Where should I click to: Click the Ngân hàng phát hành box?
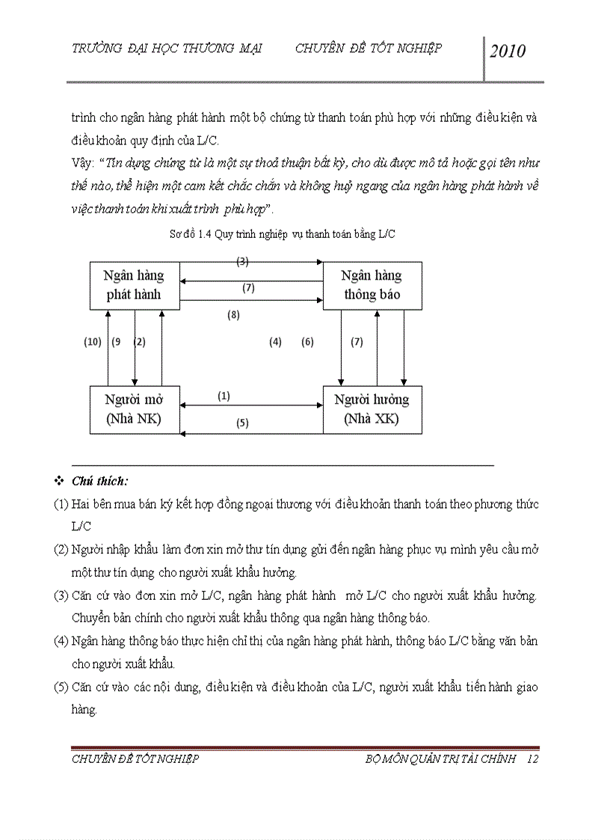(x=134, y=285)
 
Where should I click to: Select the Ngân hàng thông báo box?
(x=372, y=285)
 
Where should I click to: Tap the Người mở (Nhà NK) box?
(x=135, y=409)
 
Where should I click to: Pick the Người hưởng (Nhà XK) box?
(x=372, y=409)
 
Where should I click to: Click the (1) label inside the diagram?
(x=224, y=396)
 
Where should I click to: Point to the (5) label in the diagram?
(x=242, y=423)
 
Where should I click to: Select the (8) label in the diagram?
(x=233, y=315)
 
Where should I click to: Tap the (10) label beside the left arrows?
(x=92, y=342)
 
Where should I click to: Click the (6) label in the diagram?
(x=307, y=342)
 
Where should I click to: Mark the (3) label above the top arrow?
(x=242, y=261)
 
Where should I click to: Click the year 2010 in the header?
(x=508, y=51)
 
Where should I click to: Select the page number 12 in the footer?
(x=532, y=758)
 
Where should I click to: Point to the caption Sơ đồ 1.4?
(x=283, y=234)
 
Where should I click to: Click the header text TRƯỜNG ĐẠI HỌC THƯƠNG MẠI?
(x=166, y=49)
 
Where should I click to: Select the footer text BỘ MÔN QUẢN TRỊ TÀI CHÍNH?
(x=440, y=758)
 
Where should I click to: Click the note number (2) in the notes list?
(x=61, y=550)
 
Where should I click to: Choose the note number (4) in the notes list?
(x=61, y=641)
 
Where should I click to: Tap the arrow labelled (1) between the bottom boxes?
(x=252, y=405)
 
